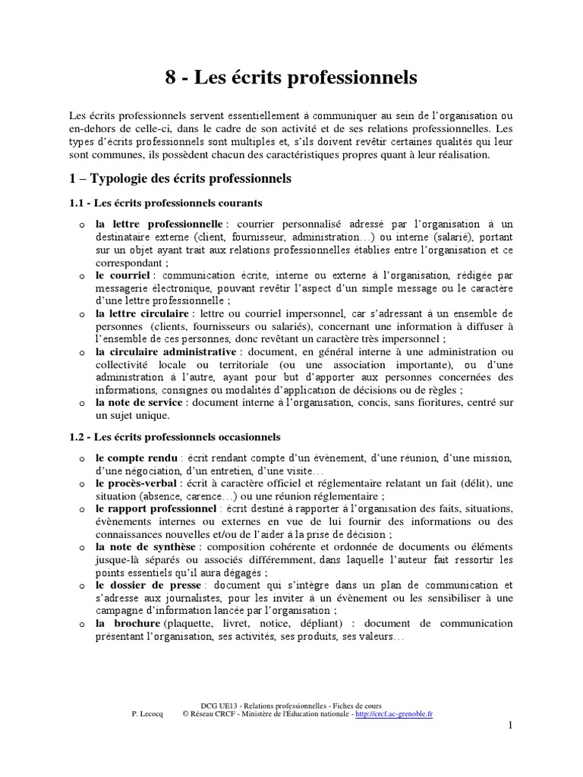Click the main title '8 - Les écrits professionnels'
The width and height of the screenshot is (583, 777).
[291, 77]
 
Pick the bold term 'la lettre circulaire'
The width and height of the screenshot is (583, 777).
[141, 313]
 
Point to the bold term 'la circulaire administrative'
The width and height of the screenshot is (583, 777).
[165, 351]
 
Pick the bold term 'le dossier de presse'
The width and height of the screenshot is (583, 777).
[148, 585]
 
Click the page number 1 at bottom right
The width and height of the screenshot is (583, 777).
[511, 727]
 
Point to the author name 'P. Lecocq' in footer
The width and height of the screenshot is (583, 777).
[149, 714]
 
